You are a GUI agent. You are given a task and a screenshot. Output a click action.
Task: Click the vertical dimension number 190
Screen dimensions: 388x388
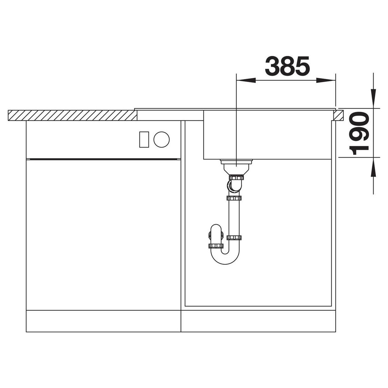click(x=359, y=133)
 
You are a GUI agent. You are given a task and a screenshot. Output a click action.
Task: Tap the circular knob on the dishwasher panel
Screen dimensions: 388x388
click(x=161, y=139)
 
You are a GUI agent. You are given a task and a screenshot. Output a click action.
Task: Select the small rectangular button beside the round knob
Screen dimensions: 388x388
click(x=144, y=139)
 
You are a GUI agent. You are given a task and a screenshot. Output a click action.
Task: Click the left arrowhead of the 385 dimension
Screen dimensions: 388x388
click(x=246, y=80)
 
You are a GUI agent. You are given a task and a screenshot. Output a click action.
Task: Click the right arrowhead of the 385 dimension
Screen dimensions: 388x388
click(x=326, y=80)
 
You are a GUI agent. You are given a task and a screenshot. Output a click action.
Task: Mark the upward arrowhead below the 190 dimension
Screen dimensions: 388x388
click(x=373, y=167)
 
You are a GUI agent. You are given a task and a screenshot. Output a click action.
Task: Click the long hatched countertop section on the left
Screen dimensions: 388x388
click(x=73, y=115)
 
